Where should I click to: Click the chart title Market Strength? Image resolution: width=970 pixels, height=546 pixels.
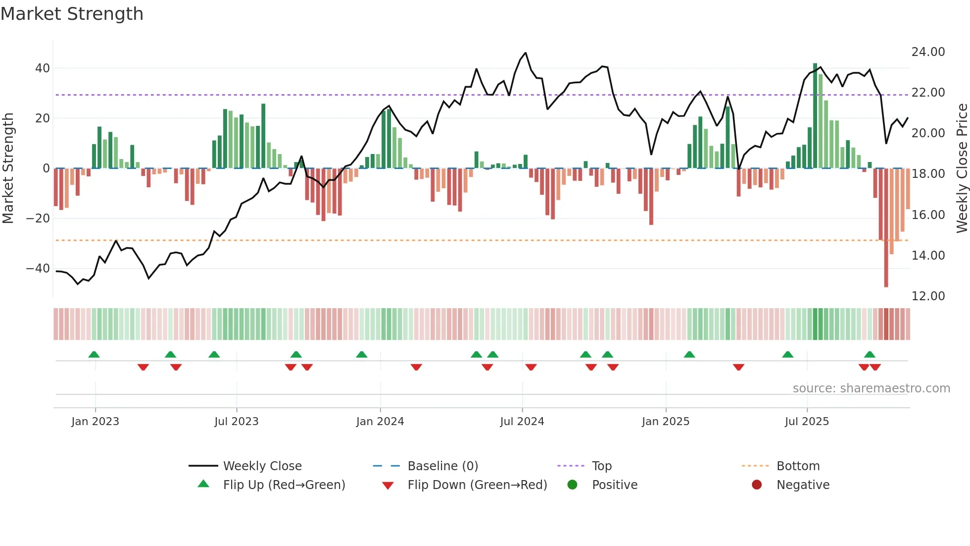pos(72,14)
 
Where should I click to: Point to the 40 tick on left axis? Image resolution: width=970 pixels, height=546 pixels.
pos(42,68)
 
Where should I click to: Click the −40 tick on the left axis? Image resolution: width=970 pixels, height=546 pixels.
pos(38,269)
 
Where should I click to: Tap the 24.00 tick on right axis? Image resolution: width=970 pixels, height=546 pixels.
pos(928,52)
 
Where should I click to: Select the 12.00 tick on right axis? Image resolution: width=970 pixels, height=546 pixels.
pos(928,296)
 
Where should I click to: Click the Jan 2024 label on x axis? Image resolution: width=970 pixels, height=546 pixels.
pos(380,422)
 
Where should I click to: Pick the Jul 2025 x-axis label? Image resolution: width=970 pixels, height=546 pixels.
pos(806,422)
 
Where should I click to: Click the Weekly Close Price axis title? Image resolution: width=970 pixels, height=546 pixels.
pos(962,168)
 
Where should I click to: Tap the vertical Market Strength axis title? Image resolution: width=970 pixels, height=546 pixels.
pos(8,168)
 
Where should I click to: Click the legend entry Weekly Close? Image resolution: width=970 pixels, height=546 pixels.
pos(262,466)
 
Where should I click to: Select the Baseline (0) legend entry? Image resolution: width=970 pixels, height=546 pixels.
pos(442,466)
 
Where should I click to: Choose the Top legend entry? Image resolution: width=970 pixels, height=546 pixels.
pos(601,466)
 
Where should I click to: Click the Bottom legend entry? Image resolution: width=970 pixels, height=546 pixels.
pos(798,466)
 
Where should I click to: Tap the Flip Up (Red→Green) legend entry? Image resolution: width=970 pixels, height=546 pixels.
pos(284,485)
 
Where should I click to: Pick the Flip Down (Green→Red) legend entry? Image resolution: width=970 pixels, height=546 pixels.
pos(477,485)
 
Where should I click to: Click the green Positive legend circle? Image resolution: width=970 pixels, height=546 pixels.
pos(573,485)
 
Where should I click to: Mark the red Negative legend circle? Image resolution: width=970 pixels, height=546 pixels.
pos(757,485)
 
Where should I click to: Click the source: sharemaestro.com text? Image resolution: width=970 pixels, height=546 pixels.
pos(871,388)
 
